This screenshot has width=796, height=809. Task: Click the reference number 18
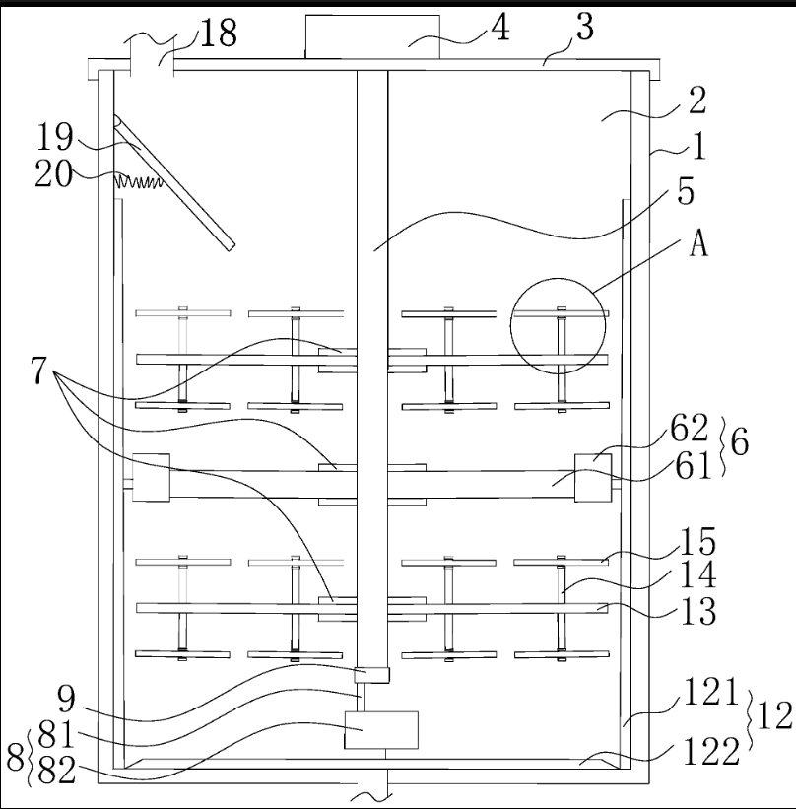pyautogui.click(x=219, y=34)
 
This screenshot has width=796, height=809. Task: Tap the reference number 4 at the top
pyautogui.click(x=499, y=28)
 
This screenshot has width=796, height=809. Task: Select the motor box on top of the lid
pyautogui.click(x=372, y=36)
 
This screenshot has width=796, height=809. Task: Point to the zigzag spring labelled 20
pyautogui.click(x=138, y=181)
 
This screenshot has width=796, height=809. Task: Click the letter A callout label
pyautogui.click(x=699, y=243)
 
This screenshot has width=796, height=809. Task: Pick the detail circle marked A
pyautogui.click(x=559, y=326)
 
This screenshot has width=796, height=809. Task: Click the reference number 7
pyautogui.click(x=38, y=370)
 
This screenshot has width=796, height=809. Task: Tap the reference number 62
pyautogui.click(x=690, y=428)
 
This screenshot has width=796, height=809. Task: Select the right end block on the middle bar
pyautogui.click(x=593, y=478)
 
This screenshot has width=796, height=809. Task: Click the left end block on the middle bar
pyautogui.click(x=151, y=477)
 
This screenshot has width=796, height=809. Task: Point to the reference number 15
pyautogui.click(x=698, y=542)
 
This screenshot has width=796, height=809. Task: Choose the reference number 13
pyautogui.click(x=699, y=611)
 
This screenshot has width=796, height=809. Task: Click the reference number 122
pyautogui.click(x=711, y=752)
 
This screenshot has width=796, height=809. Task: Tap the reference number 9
pyautogui.click(x=66, y=699)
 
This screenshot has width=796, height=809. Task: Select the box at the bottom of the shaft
pyautogui.click(x=381, y=729)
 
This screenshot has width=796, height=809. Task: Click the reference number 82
pyautogui.click(x=57, y=771)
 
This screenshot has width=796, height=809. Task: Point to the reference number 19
pyautogui.click(x=55, y=137)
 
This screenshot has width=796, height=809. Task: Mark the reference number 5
pyautogui.click(x=685, y=191)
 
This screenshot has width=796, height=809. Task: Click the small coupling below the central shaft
pyautogui.click(x=371, y=675)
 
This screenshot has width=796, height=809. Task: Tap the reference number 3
pyautogui.click(x=584, y=27)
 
